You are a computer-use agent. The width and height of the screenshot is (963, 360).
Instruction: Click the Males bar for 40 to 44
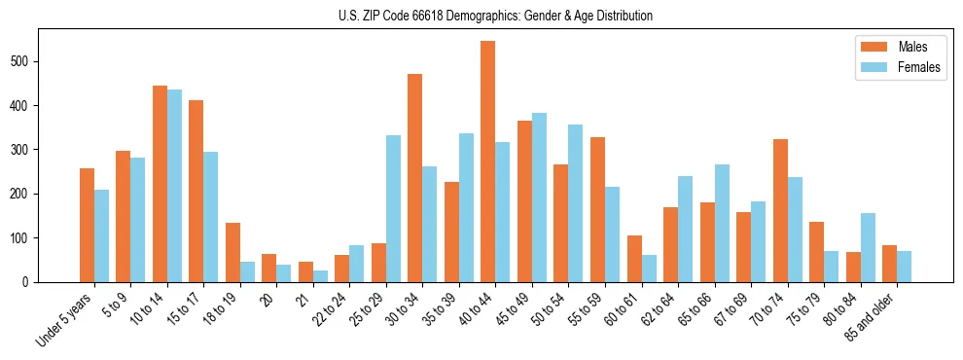point(488,162)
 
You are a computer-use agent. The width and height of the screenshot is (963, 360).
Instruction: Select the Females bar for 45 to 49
point(539,198)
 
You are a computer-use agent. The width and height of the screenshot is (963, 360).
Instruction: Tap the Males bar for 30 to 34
point(415,178)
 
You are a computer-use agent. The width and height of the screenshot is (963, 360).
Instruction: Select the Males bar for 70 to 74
point(780,210)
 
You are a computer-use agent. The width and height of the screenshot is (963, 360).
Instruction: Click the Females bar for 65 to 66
point(722,223)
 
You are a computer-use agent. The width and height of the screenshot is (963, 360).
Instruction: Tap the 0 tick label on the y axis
point(32,282)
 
